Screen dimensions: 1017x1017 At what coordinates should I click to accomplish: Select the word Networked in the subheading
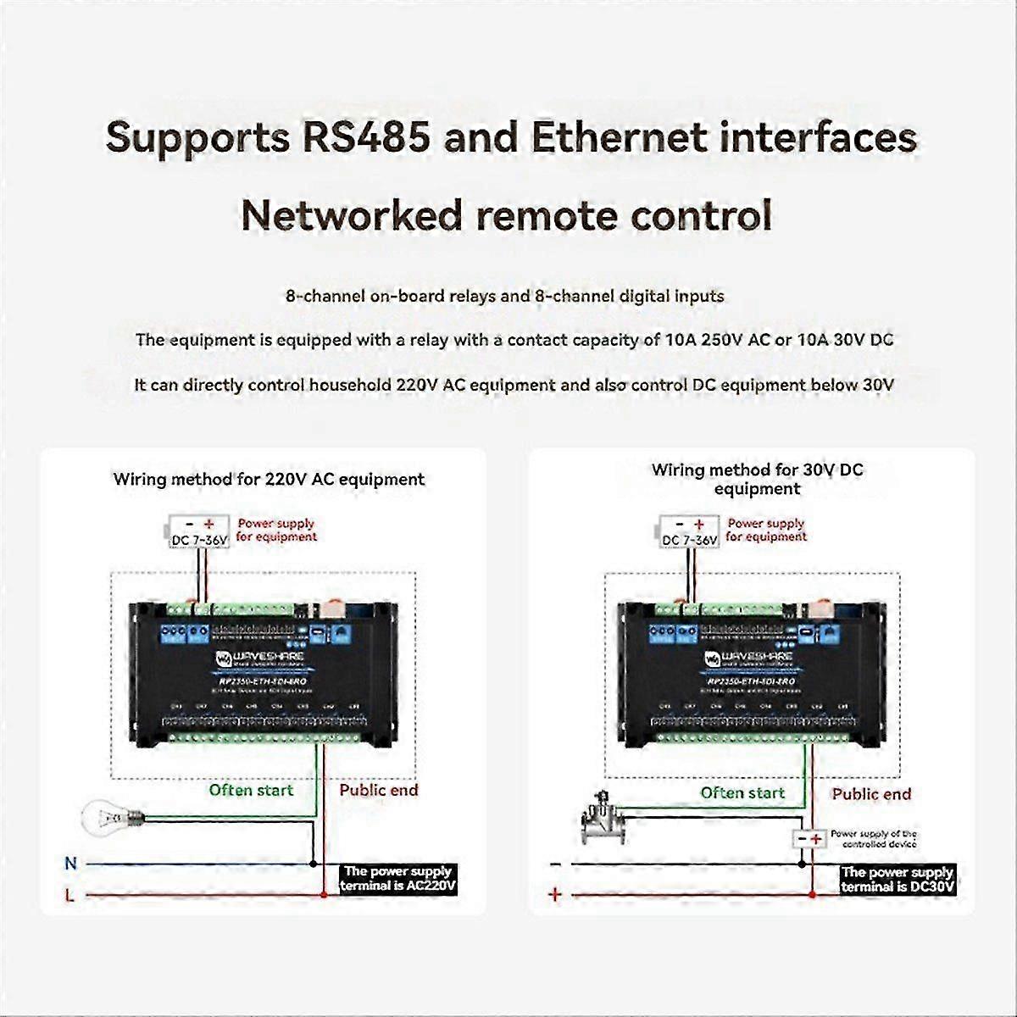[350, 215]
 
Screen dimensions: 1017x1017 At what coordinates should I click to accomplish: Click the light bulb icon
[108, 818]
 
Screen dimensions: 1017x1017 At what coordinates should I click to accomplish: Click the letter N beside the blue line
[70, 864]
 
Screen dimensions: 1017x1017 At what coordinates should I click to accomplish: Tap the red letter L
[69, 895]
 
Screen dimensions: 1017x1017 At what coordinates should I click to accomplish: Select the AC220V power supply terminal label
[398, 879]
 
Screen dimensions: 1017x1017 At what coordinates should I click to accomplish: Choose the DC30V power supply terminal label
[898, 880]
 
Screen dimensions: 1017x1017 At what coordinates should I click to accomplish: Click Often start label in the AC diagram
[251, 791]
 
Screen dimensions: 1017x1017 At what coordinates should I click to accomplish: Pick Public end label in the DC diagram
[871, 794]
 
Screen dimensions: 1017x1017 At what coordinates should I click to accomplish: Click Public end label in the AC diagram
[379, 791]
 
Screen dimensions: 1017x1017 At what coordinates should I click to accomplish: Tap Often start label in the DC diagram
[742, 793]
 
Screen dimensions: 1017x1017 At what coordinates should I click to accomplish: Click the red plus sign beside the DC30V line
[555, 894]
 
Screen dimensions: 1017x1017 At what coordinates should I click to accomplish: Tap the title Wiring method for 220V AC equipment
[269, 479]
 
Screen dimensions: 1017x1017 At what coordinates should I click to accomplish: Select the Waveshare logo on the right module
[748, 658]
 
